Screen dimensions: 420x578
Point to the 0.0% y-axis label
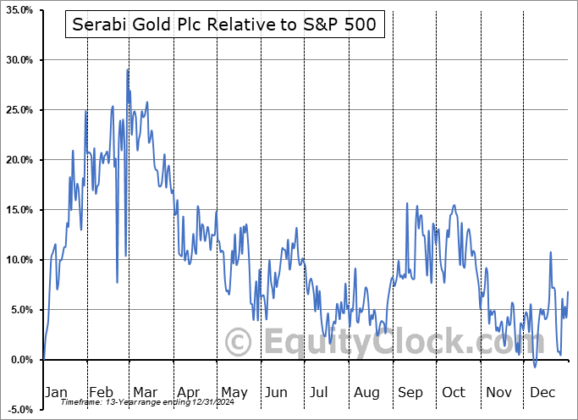19,360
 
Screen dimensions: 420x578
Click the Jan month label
56,392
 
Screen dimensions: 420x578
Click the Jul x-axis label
319,392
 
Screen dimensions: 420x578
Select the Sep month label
410,392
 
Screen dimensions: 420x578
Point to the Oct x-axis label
454,392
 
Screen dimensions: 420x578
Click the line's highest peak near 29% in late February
128,69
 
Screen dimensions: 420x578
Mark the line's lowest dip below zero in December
535,367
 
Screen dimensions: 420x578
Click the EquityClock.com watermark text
366,342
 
